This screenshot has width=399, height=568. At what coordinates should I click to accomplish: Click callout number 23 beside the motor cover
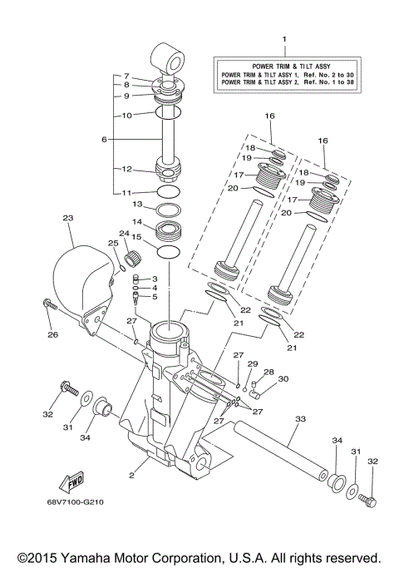[67, 218]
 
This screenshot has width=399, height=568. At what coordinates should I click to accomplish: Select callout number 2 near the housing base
[131, 477]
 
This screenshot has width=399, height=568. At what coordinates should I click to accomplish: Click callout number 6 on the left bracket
[104, 140]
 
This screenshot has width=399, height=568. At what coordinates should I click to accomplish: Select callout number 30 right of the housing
[283, 378]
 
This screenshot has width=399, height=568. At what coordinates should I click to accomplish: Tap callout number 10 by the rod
[127, 116]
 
